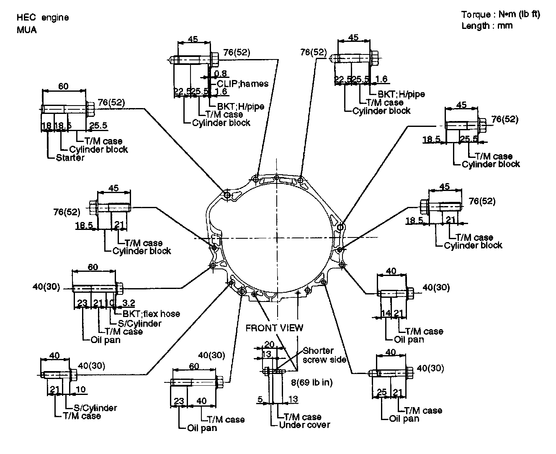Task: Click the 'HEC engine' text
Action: [x=42, y=18]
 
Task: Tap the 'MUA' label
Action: [x=27, y=30]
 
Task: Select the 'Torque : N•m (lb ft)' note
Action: [x=500, y=15]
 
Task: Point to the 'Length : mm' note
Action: [x=486, y=26]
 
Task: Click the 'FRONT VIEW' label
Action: [x=274, y=328]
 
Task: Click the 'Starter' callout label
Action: [x=70, y=158]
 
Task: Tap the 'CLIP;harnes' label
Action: [x=242, y=83]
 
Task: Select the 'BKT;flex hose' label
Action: [x=151, y=314]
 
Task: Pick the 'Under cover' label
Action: [x=304, y=425]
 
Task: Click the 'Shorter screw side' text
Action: [x=324, y=355]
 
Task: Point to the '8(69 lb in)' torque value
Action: [x=312, y=382]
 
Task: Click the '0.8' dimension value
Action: [x=221, y=74]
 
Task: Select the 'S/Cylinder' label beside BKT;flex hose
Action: [x=139, y=323]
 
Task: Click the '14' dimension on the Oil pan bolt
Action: [x=386, y=313]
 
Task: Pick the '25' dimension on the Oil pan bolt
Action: [x=382, y=392]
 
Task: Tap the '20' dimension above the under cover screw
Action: [x=269, y=345]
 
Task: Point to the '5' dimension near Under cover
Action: [x=260, y=400]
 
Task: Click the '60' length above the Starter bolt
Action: [x=63, y=87]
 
